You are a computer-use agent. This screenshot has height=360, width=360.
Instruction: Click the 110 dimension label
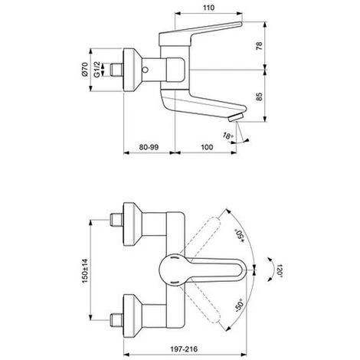click(x=208, y=8)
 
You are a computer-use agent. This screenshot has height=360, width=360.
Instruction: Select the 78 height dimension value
click(x=259, y=46)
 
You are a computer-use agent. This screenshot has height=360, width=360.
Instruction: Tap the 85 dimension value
click(x=259, y=97)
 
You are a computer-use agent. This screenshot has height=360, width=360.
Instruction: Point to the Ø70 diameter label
click(x=85, y=69)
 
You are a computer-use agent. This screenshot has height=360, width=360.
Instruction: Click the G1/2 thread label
click(x=97, y=69)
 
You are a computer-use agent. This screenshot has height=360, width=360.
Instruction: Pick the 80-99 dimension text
click(x=149, y=147)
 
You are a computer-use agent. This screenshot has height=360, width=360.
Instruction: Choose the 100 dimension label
click(x=207, y=147)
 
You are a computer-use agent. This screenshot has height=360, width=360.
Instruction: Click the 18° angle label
click(x=228, y=136)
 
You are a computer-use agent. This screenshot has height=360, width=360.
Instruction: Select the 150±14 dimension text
click(x=85, y=270)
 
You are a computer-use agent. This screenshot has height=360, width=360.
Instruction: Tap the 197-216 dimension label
click(x=184, y=349)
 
